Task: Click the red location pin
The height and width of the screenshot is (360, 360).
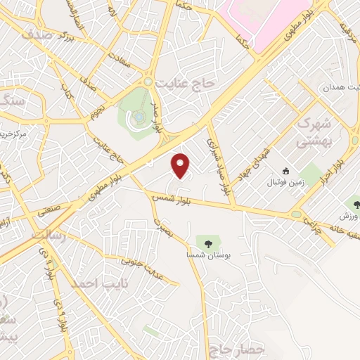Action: (181, 165)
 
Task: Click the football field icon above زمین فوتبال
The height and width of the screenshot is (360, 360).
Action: (285, 171)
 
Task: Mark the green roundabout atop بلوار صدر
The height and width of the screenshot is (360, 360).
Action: (148, 82)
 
